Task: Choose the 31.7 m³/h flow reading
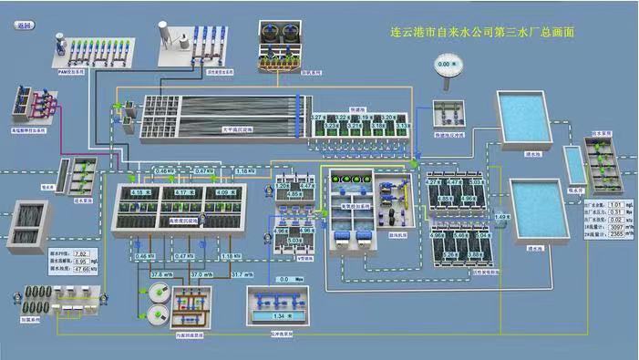(242, 274)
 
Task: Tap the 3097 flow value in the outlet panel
(616, 226)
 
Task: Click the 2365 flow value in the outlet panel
(616, 234)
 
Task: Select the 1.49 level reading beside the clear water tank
(500, 216)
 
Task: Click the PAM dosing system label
(71, 70)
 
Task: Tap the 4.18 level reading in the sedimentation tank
(139, 192)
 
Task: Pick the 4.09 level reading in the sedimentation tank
(223, 192)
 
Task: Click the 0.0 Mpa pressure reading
(289, 280)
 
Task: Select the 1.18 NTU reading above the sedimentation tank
(244, 171)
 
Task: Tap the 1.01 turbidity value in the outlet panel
(616, 204)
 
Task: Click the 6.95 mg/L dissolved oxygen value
(80, 262)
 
